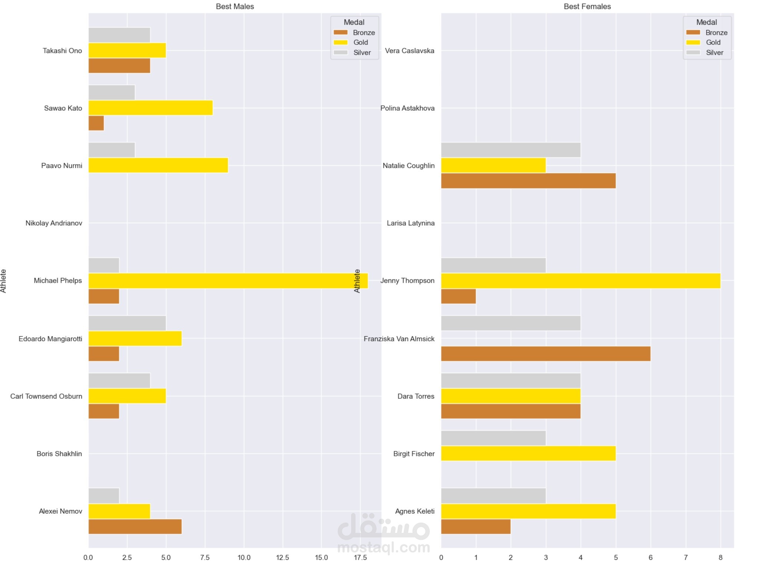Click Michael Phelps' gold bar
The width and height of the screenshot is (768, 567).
228,281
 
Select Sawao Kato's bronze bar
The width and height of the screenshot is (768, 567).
96,123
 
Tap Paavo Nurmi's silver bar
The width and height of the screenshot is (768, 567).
112,150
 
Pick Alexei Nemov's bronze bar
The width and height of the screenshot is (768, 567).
135,526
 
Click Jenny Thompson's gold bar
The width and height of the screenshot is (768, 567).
580,281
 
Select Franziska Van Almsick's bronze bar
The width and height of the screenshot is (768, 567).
546,354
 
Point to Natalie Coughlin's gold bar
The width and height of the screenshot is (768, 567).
493,165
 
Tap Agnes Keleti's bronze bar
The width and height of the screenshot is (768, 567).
476,526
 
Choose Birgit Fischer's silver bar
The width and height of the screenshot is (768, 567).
493,438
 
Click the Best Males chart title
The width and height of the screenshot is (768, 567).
235,6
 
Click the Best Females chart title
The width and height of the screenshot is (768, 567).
587,6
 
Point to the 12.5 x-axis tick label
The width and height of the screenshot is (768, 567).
282,557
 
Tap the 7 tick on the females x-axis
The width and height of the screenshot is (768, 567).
686,557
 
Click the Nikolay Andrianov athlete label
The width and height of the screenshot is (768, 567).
54,223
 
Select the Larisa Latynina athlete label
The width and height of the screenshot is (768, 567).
410,223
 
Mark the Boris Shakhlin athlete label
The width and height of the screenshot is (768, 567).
59,454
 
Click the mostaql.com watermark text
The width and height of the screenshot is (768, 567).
384,547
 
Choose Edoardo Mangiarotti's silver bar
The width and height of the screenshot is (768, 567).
127,323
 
